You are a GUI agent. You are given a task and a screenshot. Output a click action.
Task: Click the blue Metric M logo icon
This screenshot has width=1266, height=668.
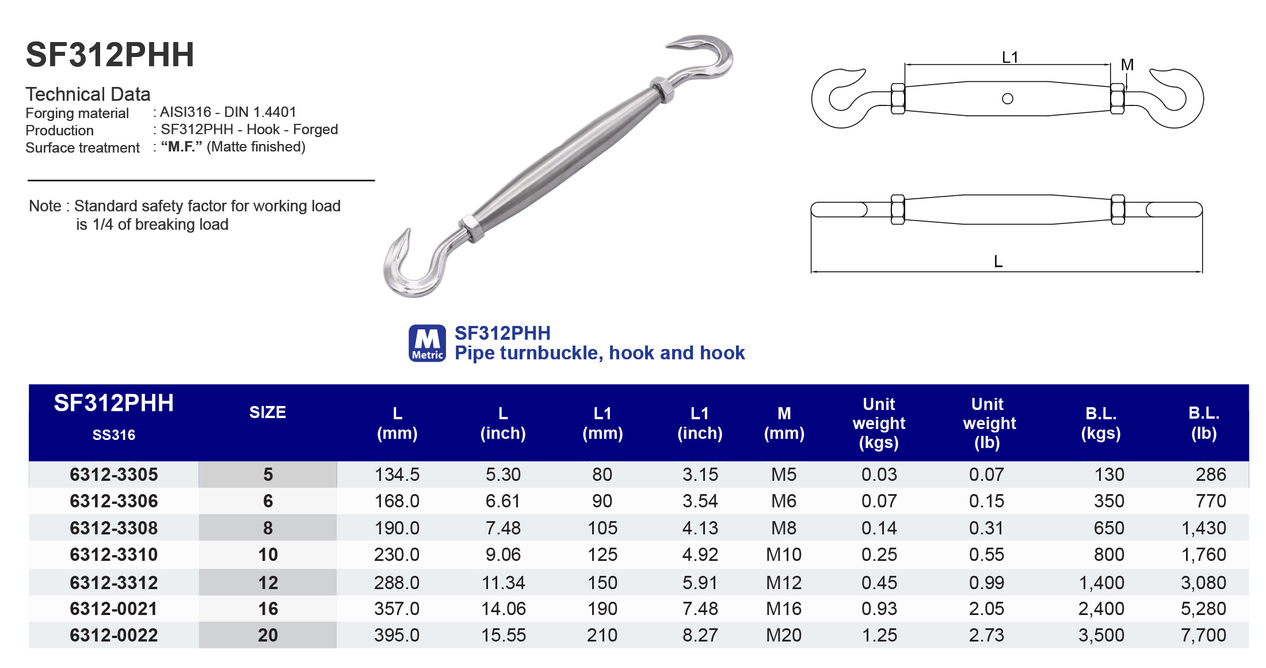(x=427, y=343)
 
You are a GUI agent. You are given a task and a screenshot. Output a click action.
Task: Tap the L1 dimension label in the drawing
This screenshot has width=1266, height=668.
(x=1010, y=57)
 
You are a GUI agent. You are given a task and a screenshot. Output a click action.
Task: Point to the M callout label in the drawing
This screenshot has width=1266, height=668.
(x=1127, y=65)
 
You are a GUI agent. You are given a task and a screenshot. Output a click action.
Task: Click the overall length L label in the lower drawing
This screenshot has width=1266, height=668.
(x=998, y=261)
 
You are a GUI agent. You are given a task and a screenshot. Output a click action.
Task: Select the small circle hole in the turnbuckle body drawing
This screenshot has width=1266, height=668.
(x=1008, y=99)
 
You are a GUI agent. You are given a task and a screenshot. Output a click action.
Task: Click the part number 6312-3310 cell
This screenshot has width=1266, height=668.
(x=114, y=555)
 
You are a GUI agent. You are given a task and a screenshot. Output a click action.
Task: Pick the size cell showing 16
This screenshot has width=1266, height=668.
(x=268, y=609)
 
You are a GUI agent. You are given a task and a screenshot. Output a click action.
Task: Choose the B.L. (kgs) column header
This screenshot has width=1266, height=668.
(x=1101, y=423)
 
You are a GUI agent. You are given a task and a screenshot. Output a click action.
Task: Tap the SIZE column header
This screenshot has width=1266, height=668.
(x=268, y=412)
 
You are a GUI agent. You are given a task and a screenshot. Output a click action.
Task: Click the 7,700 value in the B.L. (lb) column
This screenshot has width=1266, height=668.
(x=1203, y=635)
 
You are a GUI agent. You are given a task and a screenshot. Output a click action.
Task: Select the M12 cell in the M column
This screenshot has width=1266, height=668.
(x=784, y=583)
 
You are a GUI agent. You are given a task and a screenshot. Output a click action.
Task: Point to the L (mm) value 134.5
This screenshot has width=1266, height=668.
(x=397, y=475)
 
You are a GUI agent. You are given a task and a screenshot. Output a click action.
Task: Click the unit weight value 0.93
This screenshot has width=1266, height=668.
(x=879, y=609)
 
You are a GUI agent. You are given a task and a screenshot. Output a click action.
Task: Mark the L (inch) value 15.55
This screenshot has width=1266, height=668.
(x=504, y=635)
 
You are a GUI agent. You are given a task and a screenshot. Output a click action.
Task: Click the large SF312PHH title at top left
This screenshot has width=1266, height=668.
(x=110, y=55)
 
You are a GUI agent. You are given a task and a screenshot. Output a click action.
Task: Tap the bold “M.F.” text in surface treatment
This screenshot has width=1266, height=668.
(x=181, y=147)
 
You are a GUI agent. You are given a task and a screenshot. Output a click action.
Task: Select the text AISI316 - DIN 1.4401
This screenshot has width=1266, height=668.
(x=228, y=112)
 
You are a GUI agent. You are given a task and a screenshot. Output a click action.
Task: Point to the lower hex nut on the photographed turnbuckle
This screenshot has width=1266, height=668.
(x=472, y=228)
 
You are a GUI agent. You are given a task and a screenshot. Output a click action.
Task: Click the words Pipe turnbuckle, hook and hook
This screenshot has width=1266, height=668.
(x=600, y=352)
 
